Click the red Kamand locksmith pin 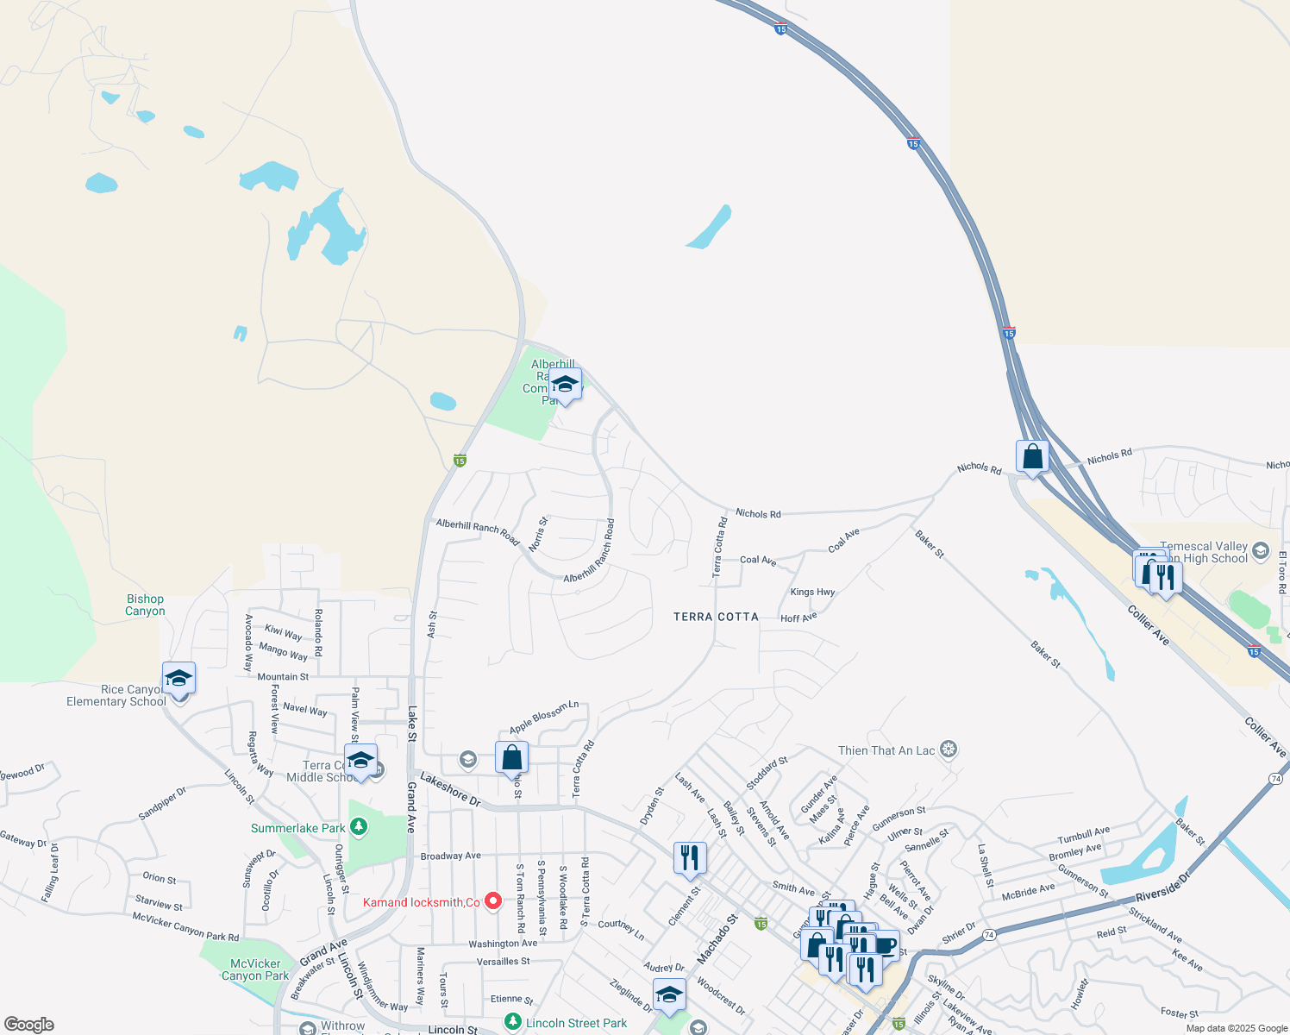(x=493, y=900)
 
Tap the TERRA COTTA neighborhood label (x=716, y=617)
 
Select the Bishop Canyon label (x=145, y=605)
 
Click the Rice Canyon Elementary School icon (x=178, y=678)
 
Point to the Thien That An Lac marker (x=949, y=750)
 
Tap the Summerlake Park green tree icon (x=359, y=827)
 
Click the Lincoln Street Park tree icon (x=513, y=1022)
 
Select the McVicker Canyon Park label (x=255, y=969)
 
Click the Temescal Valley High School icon (x=1261, y=550)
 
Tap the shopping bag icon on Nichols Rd (x=1032, y=456)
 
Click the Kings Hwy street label (x=812, y=593)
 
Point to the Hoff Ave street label (x=798, y=618)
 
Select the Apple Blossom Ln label (x=544, y=717)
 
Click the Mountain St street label (x=283, y=677)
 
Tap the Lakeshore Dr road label (x=450, y=789)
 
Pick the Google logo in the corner (x=28, y=1024)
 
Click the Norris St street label (x=537, y=535)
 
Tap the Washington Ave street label (x=503, y=944)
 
